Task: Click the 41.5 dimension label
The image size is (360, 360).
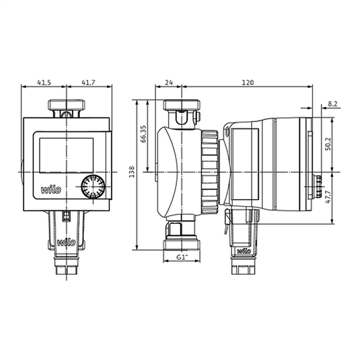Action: click(x=44, y=82)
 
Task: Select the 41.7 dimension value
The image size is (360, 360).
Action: click(x=88, y=82)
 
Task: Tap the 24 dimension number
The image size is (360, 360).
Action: click(x=169, y=82)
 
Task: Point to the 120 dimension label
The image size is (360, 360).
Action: click(x=248, y=82)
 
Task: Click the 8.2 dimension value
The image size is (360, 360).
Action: click(x=332, y=104)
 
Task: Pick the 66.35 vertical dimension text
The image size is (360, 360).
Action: click(x=143, y=134)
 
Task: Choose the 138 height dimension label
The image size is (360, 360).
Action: click(x=132, y=172)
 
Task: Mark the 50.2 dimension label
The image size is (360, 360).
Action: click(x=328, y=144)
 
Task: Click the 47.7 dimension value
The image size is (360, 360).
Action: click(x=328, y=197)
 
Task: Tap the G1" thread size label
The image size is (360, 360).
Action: click(x=181, y=257)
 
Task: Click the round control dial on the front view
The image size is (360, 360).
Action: click(x=93, y=187)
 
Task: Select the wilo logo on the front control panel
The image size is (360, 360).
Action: click(x=51, y=190)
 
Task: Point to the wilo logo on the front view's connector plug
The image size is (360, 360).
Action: click(x=67, y=242)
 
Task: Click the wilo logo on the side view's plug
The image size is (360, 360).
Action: click(x=244, y=251)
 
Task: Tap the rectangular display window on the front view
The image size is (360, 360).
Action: click(x=67, y=155)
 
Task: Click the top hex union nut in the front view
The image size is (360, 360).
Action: click(x=67, y=105)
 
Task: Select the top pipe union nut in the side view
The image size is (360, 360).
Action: click(x=181, y=105)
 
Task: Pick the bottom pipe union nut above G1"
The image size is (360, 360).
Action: click(x=182, y=245)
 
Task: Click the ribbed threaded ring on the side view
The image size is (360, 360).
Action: click(x=209, y=172)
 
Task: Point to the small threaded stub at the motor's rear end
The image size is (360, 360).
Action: click(x=317, y=187)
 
